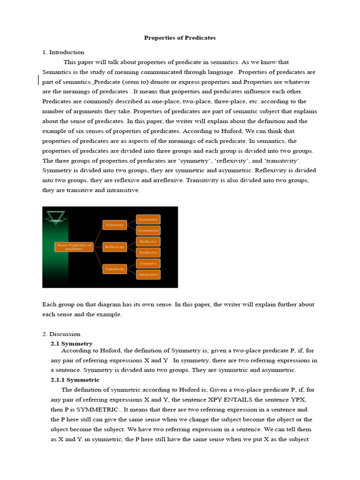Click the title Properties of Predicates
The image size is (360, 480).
tap(180, 38)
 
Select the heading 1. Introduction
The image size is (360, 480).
tap(63, 52)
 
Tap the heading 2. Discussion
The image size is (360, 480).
tap(61, 334)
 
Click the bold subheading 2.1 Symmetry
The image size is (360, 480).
tap(72, 344)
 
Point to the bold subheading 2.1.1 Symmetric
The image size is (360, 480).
tap(75, 380)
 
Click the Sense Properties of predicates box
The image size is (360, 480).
tap(74, 247)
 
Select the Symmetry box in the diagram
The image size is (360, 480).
tap(114, 225)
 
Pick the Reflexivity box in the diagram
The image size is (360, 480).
tap(114, 247)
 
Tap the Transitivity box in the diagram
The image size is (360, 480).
tap(114, 269)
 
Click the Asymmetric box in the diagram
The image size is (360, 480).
tap(148, 231)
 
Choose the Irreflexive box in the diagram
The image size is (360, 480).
tap(148, 252)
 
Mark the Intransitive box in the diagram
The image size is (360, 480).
tap(148, 275)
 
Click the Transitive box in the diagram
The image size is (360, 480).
tap(148, 263)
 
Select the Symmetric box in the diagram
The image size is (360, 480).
tap(148, 219)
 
